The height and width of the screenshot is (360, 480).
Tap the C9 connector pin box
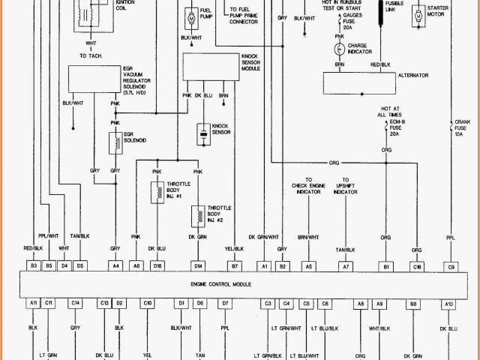click(x=451, y=265)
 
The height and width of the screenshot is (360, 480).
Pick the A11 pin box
click(x=34, y=303)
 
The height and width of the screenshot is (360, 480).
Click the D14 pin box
click(x=199, y=265)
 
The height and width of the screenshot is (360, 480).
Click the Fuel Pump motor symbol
click(x=190, y=16)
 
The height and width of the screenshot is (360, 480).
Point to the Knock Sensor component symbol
click(x=202, y=135)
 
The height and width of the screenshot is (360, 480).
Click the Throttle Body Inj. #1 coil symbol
click(x=157, y=192)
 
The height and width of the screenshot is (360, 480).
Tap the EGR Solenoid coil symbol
click(x=115, y=142)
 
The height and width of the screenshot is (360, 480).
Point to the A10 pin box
click(x=448, y=303)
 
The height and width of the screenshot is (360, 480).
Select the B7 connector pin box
click(x=235, y=265)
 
